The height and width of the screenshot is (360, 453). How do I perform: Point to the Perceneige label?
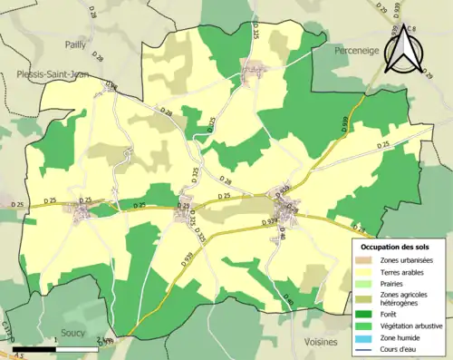348,53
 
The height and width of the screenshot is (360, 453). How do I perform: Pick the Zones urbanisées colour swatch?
361,261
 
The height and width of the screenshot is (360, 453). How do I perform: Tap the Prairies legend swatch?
361,286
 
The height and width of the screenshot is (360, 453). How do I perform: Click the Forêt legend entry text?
391,313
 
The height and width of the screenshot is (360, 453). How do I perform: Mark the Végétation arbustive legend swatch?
361,326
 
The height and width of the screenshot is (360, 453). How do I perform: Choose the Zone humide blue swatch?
361,338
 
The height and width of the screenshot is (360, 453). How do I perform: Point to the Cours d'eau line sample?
361,350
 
